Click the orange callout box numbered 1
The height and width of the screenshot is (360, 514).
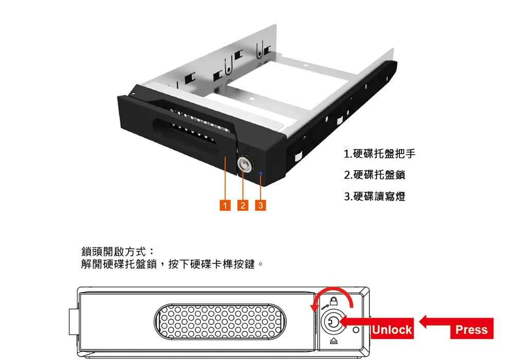click(225, 205)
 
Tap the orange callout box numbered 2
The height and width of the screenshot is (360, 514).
click(243, 205)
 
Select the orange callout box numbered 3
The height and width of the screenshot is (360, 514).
click(261, 205)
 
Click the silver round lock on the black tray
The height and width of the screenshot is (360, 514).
click(245, 164)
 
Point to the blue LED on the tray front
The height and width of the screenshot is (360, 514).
click(261, 173)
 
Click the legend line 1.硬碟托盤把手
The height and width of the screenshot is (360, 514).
click(379, 153)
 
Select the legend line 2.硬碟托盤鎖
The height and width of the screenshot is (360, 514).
click(374, 175)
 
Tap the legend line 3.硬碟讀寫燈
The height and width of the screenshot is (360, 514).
click(374, 196)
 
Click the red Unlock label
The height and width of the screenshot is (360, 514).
click(392, 329)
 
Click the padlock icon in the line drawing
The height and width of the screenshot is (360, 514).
click(334, 301)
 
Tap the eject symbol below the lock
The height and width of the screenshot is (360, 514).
click(334, 341)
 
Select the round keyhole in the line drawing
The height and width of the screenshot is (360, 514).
click(334, 322)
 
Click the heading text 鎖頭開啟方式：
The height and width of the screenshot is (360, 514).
click(117, 252)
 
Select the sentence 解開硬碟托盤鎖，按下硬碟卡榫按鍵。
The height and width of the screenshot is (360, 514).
click(172, 264)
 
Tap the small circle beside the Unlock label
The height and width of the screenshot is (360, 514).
click(356, 330)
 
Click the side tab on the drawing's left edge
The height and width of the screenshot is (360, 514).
click(74, 321)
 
